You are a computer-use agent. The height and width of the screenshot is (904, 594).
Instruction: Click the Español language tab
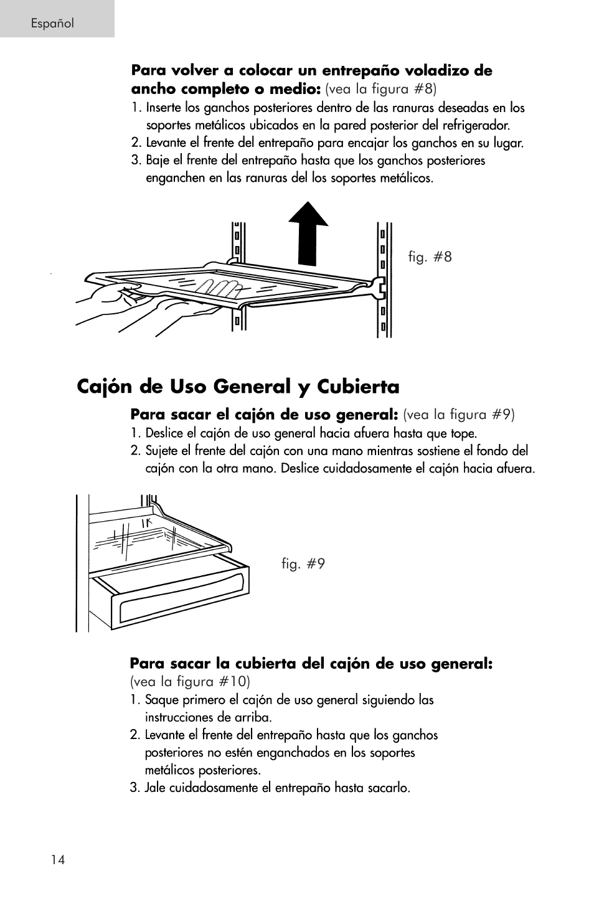pos(54,24)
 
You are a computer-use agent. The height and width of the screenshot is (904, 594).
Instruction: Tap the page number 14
pos(58,860)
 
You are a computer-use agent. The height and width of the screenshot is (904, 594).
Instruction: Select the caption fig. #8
pos(430,257)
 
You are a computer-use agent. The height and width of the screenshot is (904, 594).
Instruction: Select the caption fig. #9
pos(303,564)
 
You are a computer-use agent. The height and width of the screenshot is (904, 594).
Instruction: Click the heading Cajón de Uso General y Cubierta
pos(238,387)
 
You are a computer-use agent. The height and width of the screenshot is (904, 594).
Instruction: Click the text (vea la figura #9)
pos(458,415)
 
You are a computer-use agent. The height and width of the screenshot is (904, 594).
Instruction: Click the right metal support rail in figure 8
pos(384,280)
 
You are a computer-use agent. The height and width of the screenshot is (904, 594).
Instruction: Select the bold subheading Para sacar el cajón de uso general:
pos(264,414)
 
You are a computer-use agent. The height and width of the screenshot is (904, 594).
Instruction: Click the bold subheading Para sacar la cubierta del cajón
pos(311,664)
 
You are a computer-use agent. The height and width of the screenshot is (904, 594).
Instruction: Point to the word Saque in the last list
pos(161,700)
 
